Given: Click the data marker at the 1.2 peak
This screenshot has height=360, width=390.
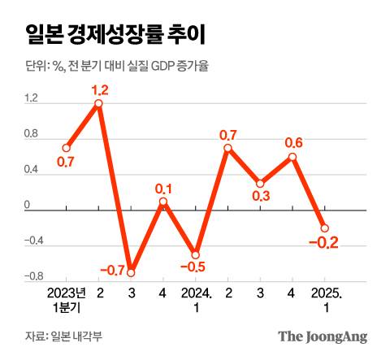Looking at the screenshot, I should pos(98,103).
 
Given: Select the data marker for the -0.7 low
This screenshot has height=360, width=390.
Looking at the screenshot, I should pos(131,272).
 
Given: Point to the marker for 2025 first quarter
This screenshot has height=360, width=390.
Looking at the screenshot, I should pos(325,228).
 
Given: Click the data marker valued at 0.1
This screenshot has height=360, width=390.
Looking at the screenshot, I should pos(163,202).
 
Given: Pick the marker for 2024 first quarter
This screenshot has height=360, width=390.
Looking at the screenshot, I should pos(196,254).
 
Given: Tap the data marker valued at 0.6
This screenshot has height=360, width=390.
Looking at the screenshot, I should pos(292,157).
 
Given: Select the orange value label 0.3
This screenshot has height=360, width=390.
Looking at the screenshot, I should pos(260,196).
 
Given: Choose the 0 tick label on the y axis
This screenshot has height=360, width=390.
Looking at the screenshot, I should pos(27,206).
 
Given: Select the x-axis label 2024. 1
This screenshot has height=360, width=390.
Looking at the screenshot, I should pos(196,298).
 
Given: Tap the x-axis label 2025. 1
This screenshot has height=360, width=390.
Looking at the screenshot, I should pos(325,298).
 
